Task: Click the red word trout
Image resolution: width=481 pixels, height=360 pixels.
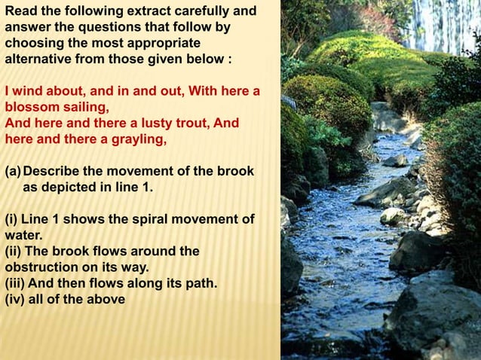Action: (x=178, y=123)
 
